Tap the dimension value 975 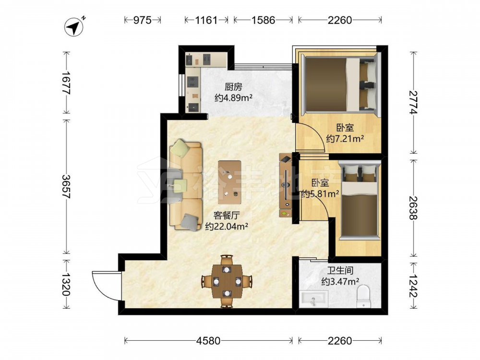(x=143, y=20)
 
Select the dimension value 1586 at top (x=263, y=20)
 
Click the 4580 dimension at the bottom (x=208, y=340)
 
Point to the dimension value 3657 (x=66, y=186)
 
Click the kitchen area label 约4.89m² (x=233, y=98)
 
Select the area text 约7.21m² (x=345, y=139)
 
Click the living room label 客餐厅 (x=226, y=216)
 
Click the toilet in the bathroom (x=364, y=296)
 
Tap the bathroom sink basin (x=314, y=299)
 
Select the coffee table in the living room (x=229, y=182)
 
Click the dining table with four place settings (x=227, y=281)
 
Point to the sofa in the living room (x=186, y=185)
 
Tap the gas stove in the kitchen (x=193, y=81)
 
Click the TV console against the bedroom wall (x=286, y=185)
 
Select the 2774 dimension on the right (x=413, y=103)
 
